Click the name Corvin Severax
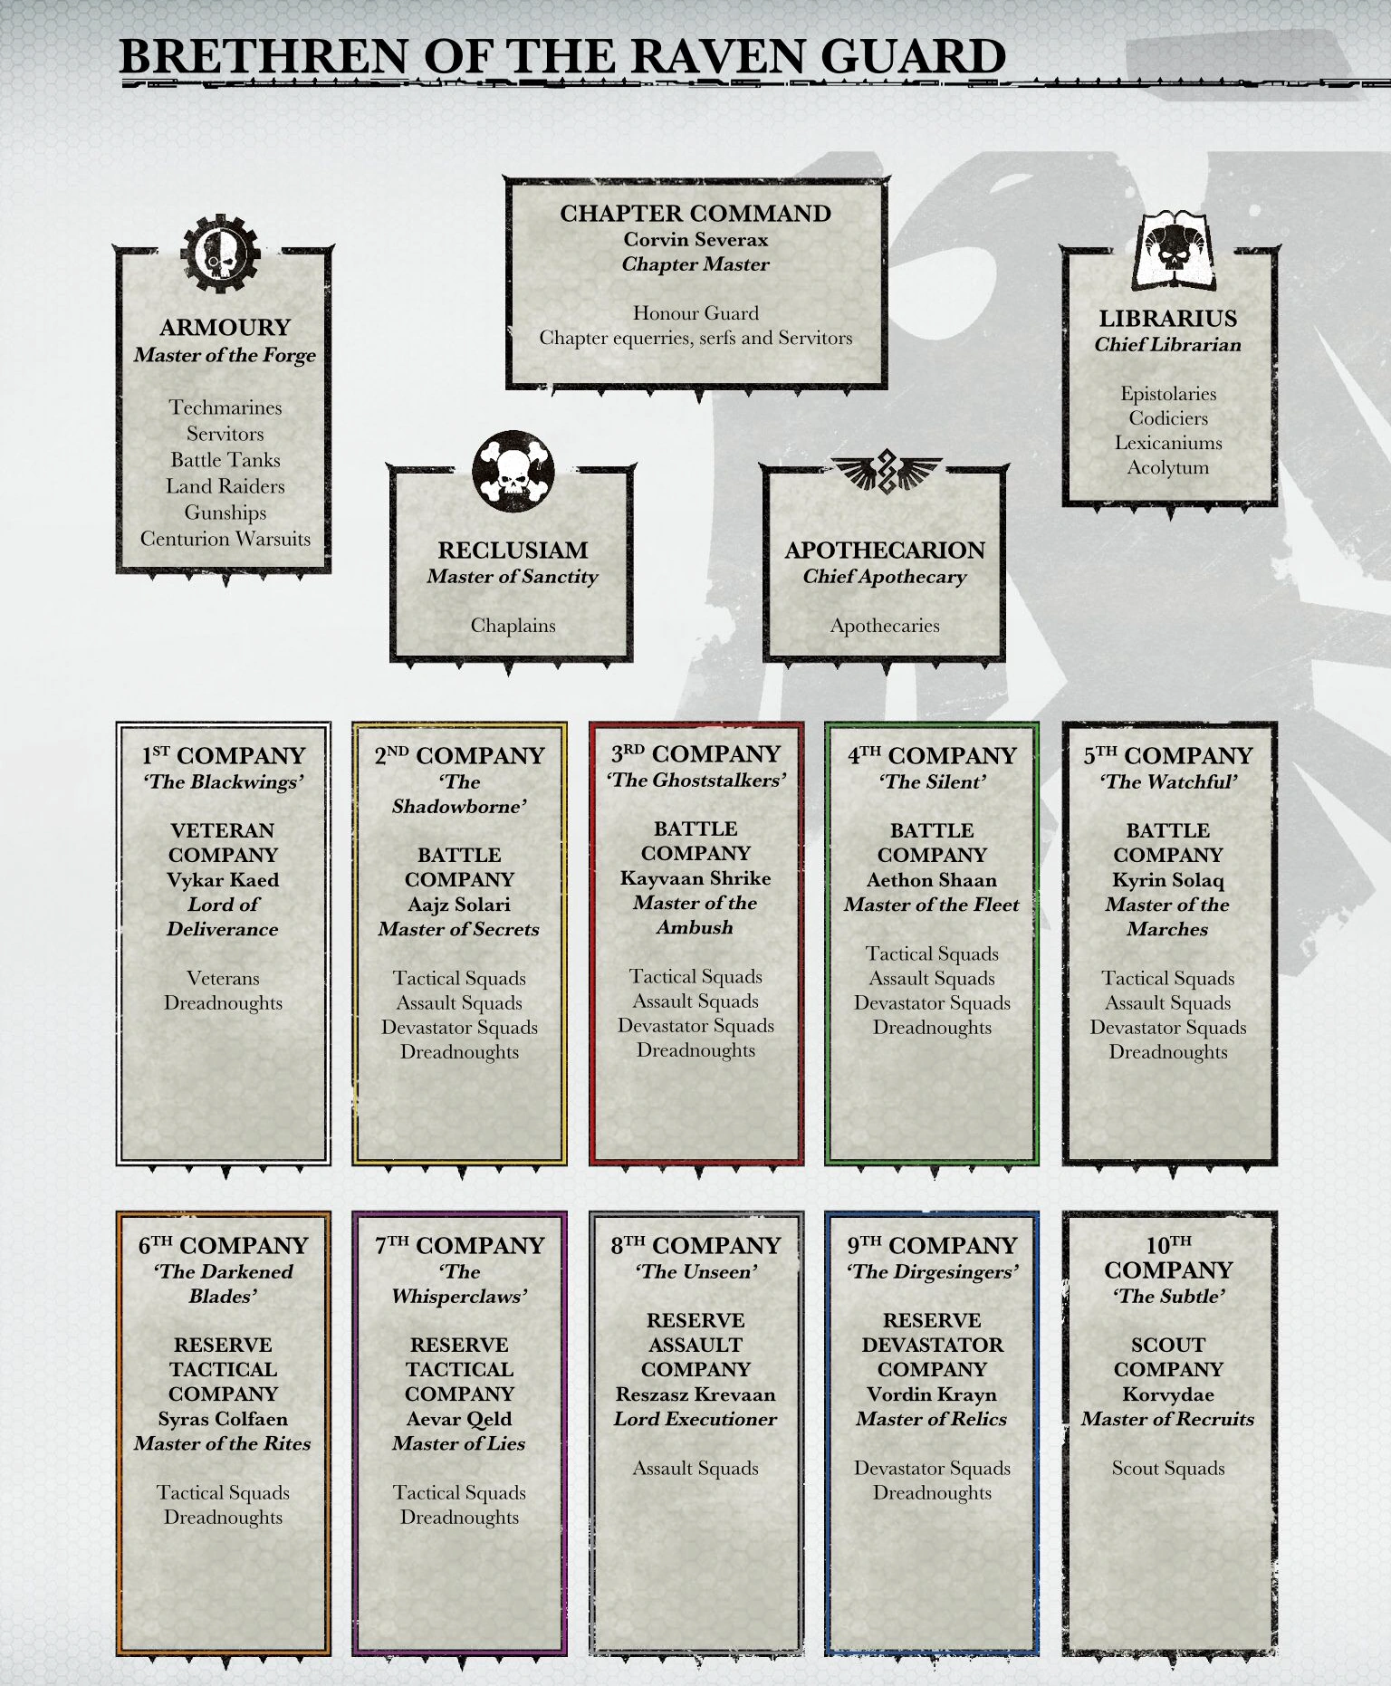point(695,240)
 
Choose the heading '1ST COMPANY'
point(223,756)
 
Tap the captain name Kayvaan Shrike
point(695,878)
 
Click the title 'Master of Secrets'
point(458,929)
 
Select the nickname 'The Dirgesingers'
point(932,1271)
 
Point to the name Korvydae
point(1167,1394)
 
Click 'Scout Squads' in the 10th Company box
point(1167,1469)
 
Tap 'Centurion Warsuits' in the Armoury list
point(225,539)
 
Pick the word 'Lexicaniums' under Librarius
point(1167,443)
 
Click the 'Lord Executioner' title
point(695,1419)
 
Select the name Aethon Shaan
point(931,880)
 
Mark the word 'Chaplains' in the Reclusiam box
point(513,625)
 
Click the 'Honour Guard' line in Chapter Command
point(695,313)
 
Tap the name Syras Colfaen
point(223,1419)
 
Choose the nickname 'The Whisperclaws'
point(458,1284)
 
